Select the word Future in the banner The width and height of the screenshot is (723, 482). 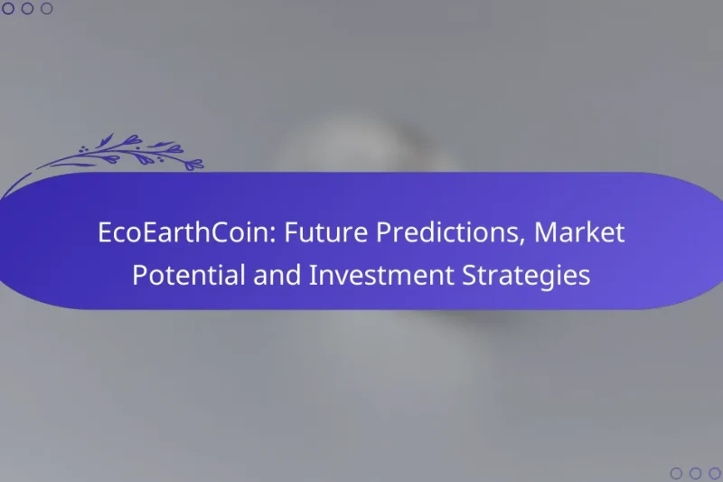pyautogui.click(x=315, y=233)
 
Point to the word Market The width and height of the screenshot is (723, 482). pyautogui.click(x=579, y=233)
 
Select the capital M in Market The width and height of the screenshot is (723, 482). pyautogui.click(x=544, y=233)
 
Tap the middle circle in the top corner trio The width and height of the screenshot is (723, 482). pyautogui.click(x=27, y=9)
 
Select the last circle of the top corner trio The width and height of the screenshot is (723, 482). pyautogui.click(x=47, y=9)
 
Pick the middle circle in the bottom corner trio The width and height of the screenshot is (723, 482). pyautogui.click(x=695, y=473)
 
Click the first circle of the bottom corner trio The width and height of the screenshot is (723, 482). pyautogui.click(x=676, y=473)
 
